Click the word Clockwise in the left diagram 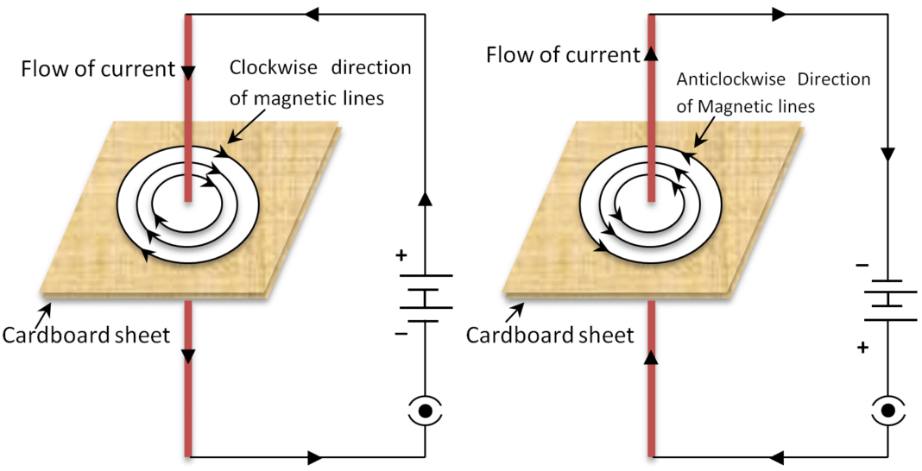(x=264, y=68)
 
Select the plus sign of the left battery (x=400, y=256)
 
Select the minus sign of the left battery (x=401, y=333)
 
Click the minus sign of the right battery (x=862, y=266)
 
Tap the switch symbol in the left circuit (x=425, y=412)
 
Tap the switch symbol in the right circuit (x=887, y=412)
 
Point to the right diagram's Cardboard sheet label (x=550, y=335)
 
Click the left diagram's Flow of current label (x=98, y=69)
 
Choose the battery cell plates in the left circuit (x=425, y=298)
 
